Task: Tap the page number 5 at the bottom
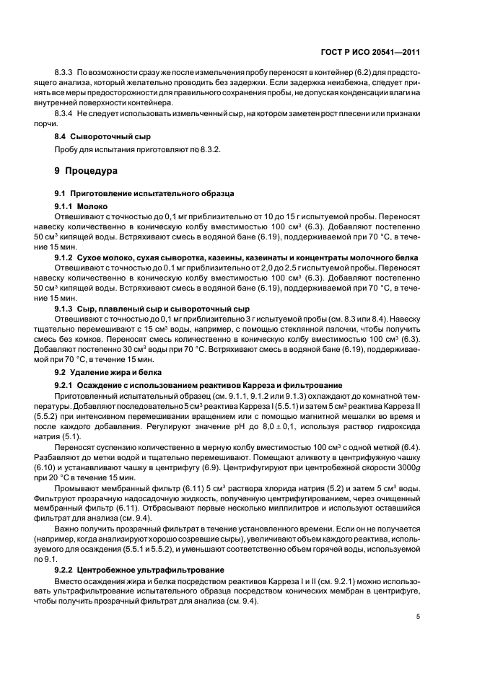click(419, 616)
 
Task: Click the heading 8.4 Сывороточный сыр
click(102, 136)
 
